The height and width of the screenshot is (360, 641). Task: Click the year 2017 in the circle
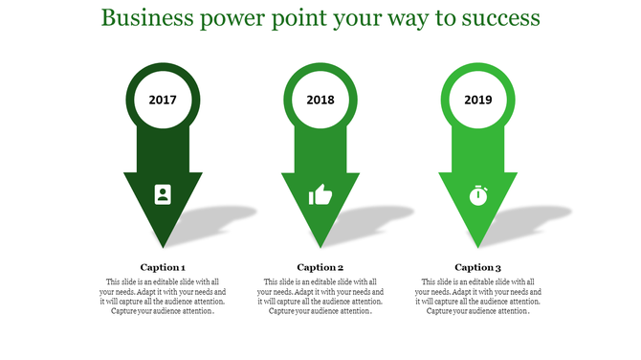click(163, 100)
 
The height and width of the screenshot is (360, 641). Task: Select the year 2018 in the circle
click(320, 100)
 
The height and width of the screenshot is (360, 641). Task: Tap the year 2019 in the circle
click(477, 100)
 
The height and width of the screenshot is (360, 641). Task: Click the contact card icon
click(163, 194)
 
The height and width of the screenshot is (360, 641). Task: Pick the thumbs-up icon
click(320, 195)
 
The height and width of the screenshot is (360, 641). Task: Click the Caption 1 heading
click(163, 267)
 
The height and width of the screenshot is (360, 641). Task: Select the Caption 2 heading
click(320, 267)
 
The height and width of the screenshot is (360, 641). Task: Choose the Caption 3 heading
click(477, 267)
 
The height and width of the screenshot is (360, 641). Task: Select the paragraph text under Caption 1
click(163, 296)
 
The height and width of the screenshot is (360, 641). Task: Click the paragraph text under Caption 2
click(320, 296)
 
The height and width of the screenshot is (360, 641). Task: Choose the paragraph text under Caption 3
click(477, 296)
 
